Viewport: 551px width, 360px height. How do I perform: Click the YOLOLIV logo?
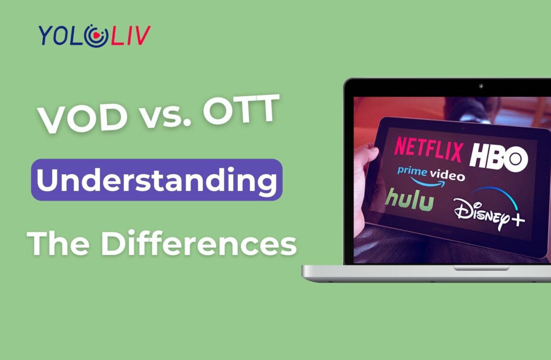(94, 35)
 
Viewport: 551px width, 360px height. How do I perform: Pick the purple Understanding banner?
(157, 180)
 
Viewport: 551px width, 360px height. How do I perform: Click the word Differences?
(198, 244)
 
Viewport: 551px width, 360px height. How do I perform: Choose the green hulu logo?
(409, 200)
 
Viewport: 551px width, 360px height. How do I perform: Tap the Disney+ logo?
(490, 212)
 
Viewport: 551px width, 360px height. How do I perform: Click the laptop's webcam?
(481, 86)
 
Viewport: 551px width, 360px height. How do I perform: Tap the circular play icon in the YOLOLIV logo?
(96, 36)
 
